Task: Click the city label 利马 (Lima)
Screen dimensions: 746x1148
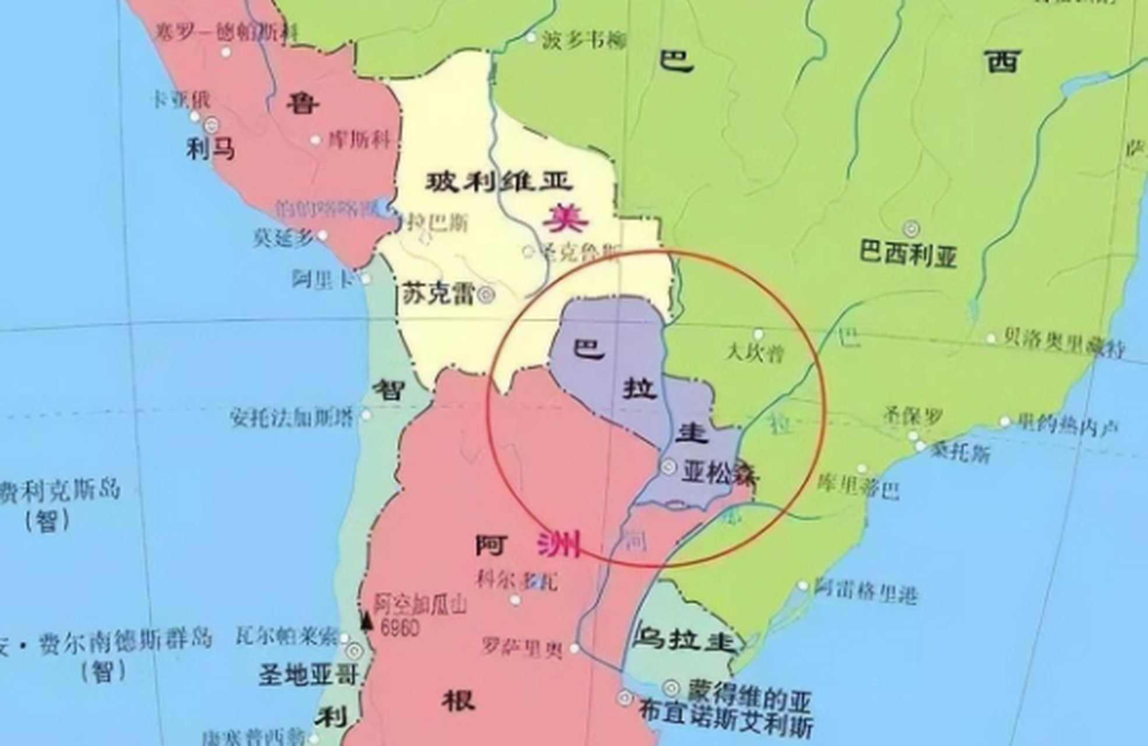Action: [x=210, y=150]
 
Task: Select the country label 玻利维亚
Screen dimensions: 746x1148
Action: [x=499, y=183]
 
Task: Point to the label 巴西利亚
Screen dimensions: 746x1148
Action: [x=908, y=255]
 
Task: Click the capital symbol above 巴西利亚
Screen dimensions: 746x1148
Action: [x=911, y=228]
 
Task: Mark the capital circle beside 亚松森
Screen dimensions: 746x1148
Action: [x=668, y=467]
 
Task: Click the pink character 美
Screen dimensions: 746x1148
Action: [x=565, y=220]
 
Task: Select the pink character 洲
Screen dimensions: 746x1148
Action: [x=558, y=546]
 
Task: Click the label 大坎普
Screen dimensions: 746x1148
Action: [x=755, y=354]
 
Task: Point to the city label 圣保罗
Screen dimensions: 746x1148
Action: [x=913, y=417]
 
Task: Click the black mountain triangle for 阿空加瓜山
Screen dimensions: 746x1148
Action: [x=367, y=621]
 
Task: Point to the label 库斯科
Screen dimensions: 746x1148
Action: [x=358, y=140]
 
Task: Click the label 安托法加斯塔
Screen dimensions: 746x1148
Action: [x=291, y=417]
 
